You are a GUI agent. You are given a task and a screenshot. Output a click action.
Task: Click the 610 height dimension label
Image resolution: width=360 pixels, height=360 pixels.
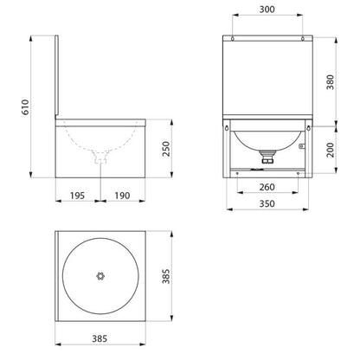click(x=25, y=107)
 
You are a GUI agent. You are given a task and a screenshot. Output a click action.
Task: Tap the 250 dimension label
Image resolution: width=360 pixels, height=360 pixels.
click(x=166, y=149)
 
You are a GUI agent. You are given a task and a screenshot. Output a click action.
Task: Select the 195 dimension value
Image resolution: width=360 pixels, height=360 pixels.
click(x=77, y=196)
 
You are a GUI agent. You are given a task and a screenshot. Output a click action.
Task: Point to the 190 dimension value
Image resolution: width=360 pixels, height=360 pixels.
click(x=122, y=196)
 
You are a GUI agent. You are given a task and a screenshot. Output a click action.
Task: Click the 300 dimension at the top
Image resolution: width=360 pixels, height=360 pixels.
click(x=267, y=10)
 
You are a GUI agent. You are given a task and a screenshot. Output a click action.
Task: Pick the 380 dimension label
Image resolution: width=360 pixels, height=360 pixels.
click(x=330, y=82)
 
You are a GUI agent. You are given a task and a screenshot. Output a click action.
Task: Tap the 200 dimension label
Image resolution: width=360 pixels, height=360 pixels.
click(x=330, y=150)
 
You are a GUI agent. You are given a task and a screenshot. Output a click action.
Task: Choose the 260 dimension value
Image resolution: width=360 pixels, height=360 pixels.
click(x=267, y=187)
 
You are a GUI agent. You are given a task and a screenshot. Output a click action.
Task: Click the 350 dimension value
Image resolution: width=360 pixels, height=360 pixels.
click(x=267, y=203)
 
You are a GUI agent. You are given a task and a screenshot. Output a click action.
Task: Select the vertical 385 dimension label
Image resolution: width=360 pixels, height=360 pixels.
click(x=166, y=276)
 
